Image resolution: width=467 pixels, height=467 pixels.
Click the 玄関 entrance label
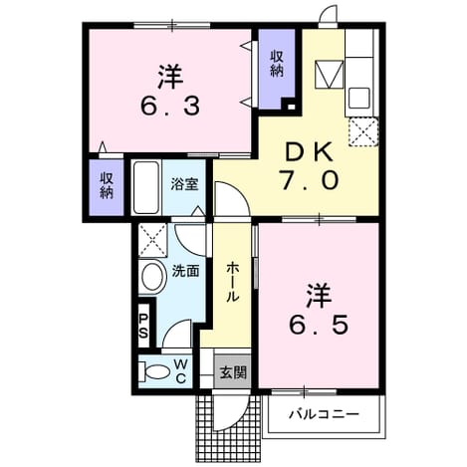pyautogui.click(x=233, y=372)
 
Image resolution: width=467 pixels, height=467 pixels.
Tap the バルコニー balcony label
pyautogui.click(x=324, y=414)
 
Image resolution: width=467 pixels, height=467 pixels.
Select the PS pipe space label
pyautogui.click(x=143, y=327)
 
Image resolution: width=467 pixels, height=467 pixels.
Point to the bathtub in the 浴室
pyautogui.click(x=145, y=187)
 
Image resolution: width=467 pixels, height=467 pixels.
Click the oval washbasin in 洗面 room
pyautogui.click(x=152, y=277)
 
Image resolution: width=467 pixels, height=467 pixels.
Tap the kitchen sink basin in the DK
pyautogui.click(x=358, y=98)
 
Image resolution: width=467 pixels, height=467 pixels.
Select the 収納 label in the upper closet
pyautogui.click(x=277, y=64)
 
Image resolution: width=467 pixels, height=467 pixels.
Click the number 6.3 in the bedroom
pyautogui.click(x=170, y=107)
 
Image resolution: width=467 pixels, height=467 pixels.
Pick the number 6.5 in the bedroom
pyautogui.click(x=319, y=325)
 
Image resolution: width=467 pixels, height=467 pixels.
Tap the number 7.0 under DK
pyautogui.click(x=310, y=180)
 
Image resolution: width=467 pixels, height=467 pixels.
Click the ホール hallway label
pyautogui.click(x=233, y=282)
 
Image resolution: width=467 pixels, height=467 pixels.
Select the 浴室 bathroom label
pyautogui.click(x=184, y=184)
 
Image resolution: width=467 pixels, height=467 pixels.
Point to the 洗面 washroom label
pyautogui.click(x=185, y=272)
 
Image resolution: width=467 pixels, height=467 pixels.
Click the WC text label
pyautogui.click(x=181, y=371)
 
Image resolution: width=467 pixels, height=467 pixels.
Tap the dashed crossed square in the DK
pyautogui.click(x=363, y=131)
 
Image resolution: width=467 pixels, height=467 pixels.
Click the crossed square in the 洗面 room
pyautogui.click(x=152, y=240)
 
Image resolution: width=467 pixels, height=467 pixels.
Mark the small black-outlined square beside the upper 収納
pyautogui.click(x=291, y=107)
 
